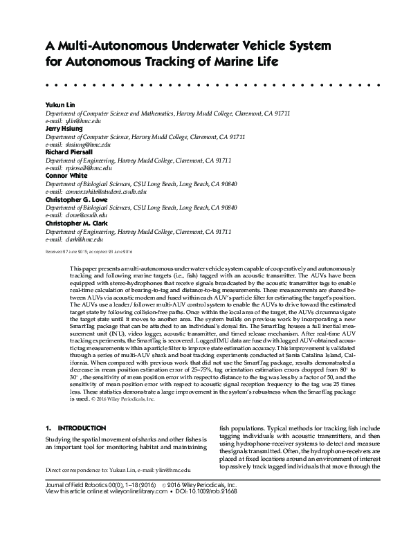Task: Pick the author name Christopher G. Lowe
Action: tap(78, 201)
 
